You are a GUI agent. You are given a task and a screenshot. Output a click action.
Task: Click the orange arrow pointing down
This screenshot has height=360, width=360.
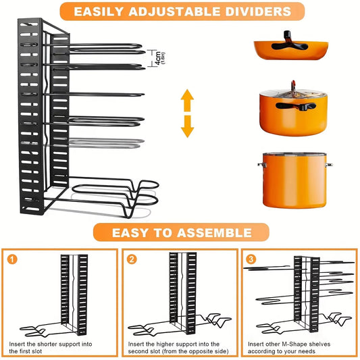pos(187,126)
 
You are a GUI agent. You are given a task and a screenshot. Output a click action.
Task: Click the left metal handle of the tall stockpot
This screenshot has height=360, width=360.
pos(260,164)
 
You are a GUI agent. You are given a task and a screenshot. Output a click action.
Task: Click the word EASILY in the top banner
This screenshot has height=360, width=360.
pos(99,11)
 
